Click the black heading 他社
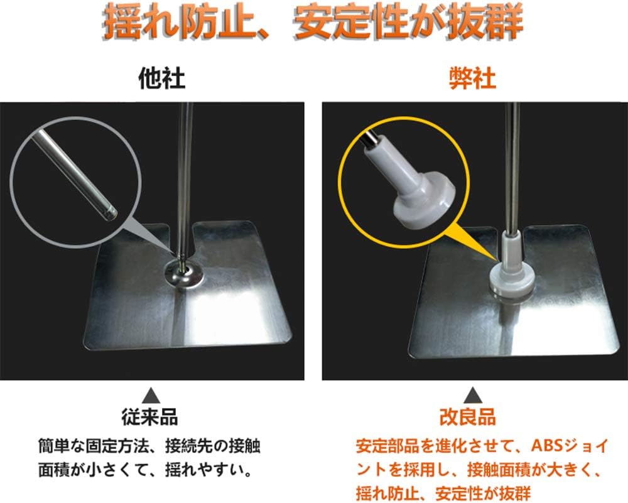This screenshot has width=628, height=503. point(161,78)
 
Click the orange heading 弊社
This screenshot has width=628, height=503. point(473,78)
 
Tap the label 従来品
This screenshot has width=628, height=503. point(150,417)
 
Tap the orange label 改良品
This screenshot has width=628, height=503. point(468,417)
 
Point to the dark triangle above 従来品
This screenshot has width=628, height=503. point(151,395)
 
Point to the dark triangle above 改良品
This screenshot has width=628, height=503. point(473,395)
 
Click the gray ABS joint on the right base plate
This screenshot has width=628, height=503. point(512,268)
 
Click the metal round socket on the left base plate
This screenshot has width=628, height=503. point(184,274)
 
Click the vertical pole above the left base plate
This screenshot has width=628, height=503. point(185,180)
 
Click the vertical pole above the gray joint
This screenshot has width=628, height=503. point(512,168)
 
